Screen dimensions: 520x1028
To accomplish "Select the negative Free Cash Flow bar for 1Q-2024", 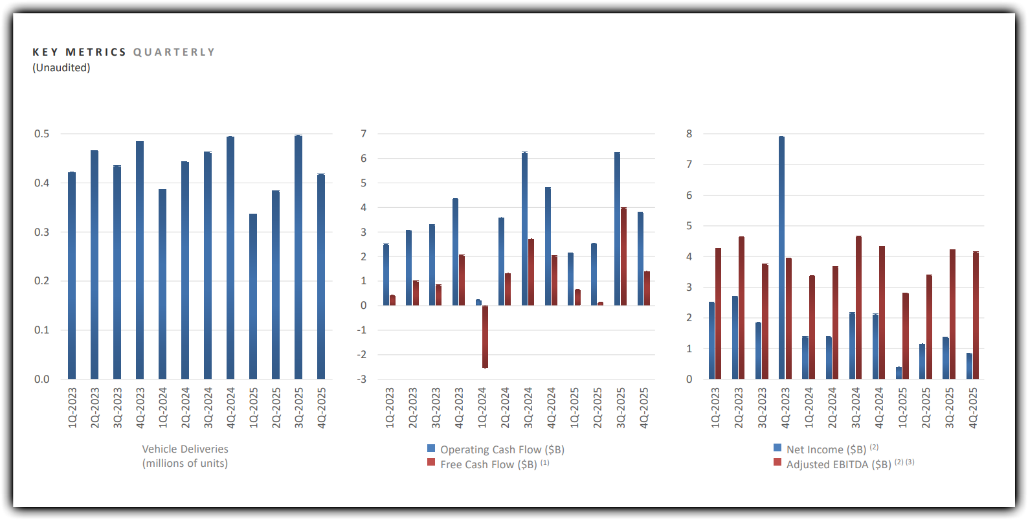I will click(485, 337).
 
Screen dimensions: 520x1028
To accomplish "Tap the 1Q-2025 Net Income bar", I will click(899, 373).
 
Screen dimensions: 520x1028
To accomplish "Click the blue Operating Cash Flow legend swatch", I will click(431, 448).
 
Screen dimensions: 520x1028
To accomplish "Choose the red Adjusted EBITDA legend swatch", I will click(777, 462).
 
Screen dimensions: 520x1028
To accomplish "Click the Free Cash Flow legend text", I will click(488, 464).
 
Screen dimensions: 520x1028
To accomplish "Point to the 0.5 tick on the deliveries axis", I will click(41, 134).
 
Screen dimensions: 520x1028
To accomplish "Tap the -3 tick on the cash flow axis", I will click(361, 379).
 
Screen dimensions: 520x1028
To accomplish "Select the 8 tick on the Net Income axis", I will click(689, 134).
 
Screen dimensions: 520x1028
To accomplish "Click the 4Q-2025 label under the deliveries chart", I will click(322, 408).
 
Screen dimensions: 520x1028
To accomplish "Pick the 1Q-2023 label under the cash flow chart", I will click(390, 408).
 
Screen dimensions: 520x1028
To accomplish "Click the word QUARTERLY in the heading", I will click(174, 52).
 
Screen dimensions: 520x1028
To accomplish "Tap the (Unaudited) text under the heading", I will click(61, 68).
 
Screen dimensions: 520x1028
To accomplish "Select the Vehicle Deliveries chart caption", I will click(185, 456).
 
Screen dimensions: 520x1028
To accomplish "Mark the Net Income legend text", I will click(826, 449).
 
